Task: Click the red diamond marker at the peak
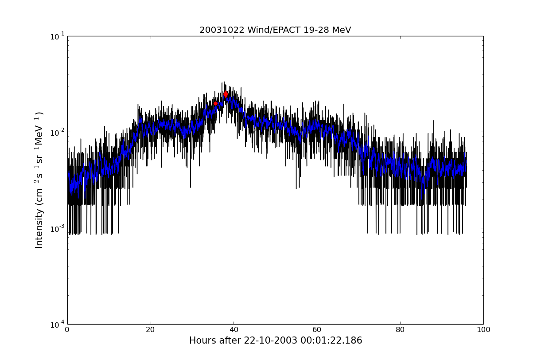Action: [226, 94]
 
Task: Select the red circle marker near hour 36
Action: [216, 104]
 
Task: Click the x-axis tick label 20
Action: [151, 330]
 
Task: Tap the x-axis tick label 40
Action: [234, 330]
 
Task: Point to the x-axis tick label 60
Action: [317, 330]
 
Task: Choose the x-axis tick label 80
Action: [401, 330]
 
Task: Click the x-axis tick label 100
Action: [483, 330]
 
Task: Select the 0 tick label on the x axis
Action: [67, 330]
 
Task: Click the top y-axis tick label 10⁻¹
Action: [58, 36]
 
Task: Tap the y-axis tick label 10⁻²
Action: [58, 132]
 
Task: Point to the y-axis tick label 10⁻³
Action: [58, 228]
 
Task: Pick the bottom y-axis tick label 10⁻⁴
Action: [58, 324]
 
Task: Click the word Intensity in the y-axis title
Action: [39, 228]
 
